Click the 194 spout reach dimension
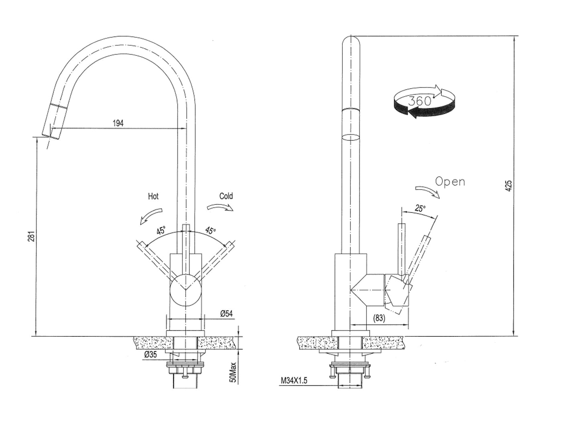click(x=118, y=123)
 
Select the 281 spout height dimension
click(x=32, y=236)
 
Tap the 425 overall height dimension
click(x=509, y=186)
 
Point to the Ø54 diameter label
click(x=226, y=314)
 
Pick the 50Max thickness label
click(x=233, y=372)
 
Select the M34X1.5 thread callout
click(x=294, y=380)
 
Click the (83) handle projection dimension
click(x=379, y=318)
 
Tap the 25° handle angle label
click(x=420, y=208)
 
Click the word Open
click(x=450, y=182)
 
